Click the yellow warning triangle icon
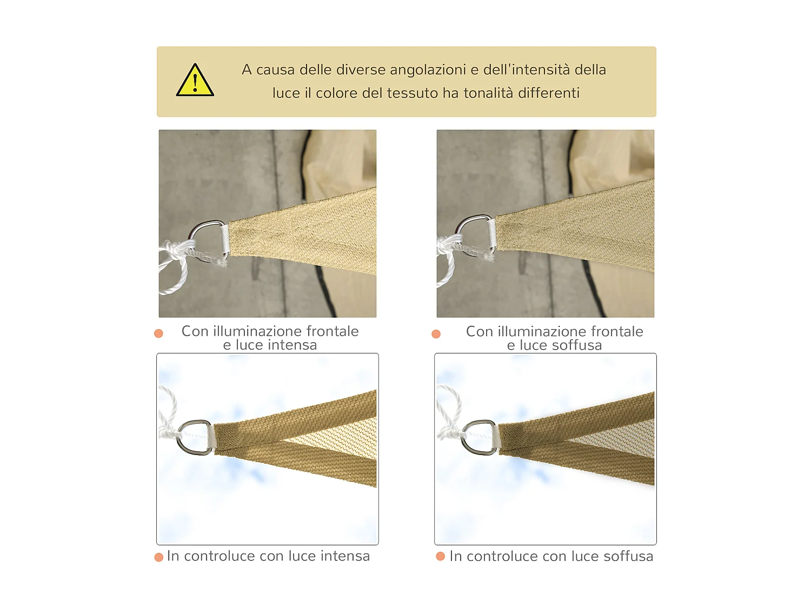tap(195, 80)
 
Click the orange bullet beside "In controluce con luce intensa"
tap(159, 557)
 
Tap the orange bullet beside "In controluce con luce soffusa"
tap(441, 556)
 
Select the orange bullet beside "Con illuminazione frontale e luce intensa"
tap(158, 333)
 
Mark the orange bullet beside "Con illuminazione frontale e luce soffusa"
tap(436, 333)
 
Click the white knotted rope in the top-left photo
tap(177, 262)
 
